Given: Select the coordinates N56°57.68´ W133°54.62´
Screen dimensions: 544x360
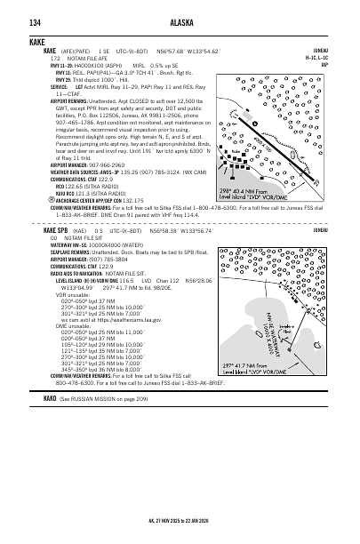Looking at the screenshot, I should coord(165,52).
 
